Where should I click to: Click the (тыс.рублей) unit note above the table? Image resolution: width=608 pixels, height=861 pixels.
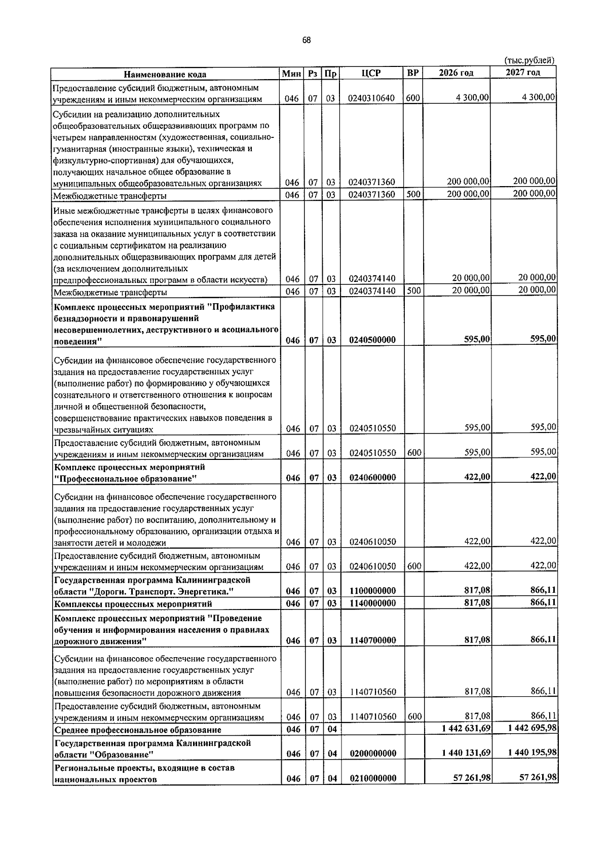(x=529, y=60)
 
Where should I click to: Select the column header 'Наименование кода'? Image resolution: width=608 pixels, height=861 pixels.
(x=165, y=74)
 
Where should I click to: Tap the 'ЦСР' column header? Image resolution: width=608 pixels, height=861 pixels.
(x=371, y=73)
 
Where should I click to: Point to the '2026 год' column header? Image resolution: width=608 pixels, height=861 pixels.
(x=456, y=73)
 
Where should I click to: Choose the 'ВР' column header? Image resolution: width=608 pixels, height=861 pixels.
(x=413, y=73)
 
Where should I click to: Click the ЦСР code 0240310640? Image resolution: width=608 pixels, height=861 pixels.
(x=371, y=98)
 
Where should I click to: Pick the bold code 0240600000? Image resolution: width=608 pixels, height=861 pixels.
(x=372, y=477)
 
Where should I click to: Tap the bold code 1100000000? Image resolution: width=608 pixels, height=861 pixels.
(x=372, y=591)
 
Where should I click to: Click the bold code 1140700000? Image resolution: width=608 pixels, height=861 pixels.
(x=372, y=640)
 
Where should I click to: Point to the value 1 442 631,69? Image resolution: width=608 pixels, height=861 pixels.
(x=466, y=729)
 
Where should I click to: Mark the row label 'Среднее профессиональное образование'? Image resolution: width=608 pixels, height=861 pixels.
(x=138, y=730)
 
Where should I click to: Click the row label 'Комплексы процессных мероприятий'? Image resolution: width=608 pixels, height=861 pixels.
(x=133, y=603)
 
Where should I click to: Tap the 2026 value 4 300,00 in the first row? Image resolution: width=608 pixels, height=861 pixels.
(x=472, y=98)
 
